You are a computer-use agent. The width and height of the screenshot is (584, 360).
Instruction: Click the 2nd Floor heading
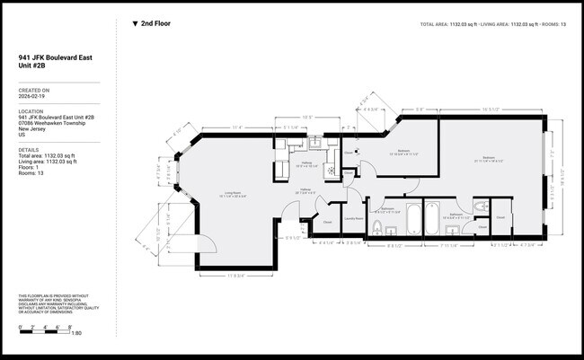pos(155,24)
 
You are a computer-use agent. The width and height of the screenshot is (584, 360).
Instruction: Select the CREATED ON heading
pos(33,89)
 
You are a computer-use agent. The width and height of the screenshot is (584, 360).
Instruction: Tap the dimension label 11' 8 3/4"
pos(235,275)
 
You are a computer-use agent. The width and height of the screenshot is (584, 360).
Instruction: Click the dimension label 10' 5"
pos(305,117)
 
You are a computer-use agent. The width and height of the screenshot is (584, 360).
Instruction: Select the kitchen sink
pos(316,143)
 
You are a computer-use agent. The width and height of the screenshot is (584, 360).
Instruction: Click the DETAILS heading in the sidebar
pos(29,150)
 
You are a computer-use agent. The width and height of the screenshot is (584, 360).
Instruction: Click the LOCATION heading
pos(31,111)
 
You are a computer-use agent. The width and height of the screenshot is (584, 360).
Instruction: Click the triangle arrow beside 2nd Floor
pos(135,24)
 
